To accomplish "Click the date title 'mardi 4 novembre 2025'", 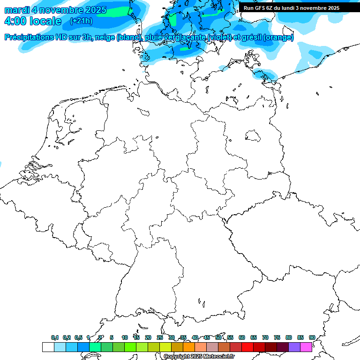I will pyautogui.click(x=55, y=10).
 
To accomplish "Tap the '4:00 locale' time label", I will pyautogui.click(x=33, y=21).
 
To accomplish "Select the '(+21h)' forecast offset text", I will pyautogui.click(x=81, y=21).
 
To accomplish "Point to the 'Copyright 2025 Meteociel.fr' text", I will pyautogui.click(x=199, y=356).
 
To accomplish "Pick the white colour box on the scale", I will pyautogui.click(x=48, y=347).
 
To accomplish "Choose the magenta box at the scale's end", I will pyautogui.click(x=306, y=347).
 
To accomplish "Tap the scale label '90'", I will pyautogui.click(x=312, y=337).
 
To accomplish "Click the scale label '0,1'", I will pyautogui.click(x=55, y=337).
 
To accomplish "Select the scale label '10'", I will pyautogui.click(x=124, y=337).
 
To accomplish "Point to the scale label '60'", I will pyautogui.click(x=242, y=337).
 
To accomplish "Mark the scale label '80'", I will pyautogui.click(x=289, y=337).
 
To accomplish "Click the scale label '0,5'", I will pyautogui.click(x=78, y=337).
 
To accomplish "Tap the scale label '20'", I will pyautogui.click(x=148, y=337).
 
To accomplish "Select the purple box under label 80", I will pyautogui.click(x=294, y=347).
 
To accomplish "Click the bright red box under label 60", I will pyautogui.click(x=247, y=347).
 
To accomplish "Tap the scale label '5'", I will pyautogui.click(x=112, y=337).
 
